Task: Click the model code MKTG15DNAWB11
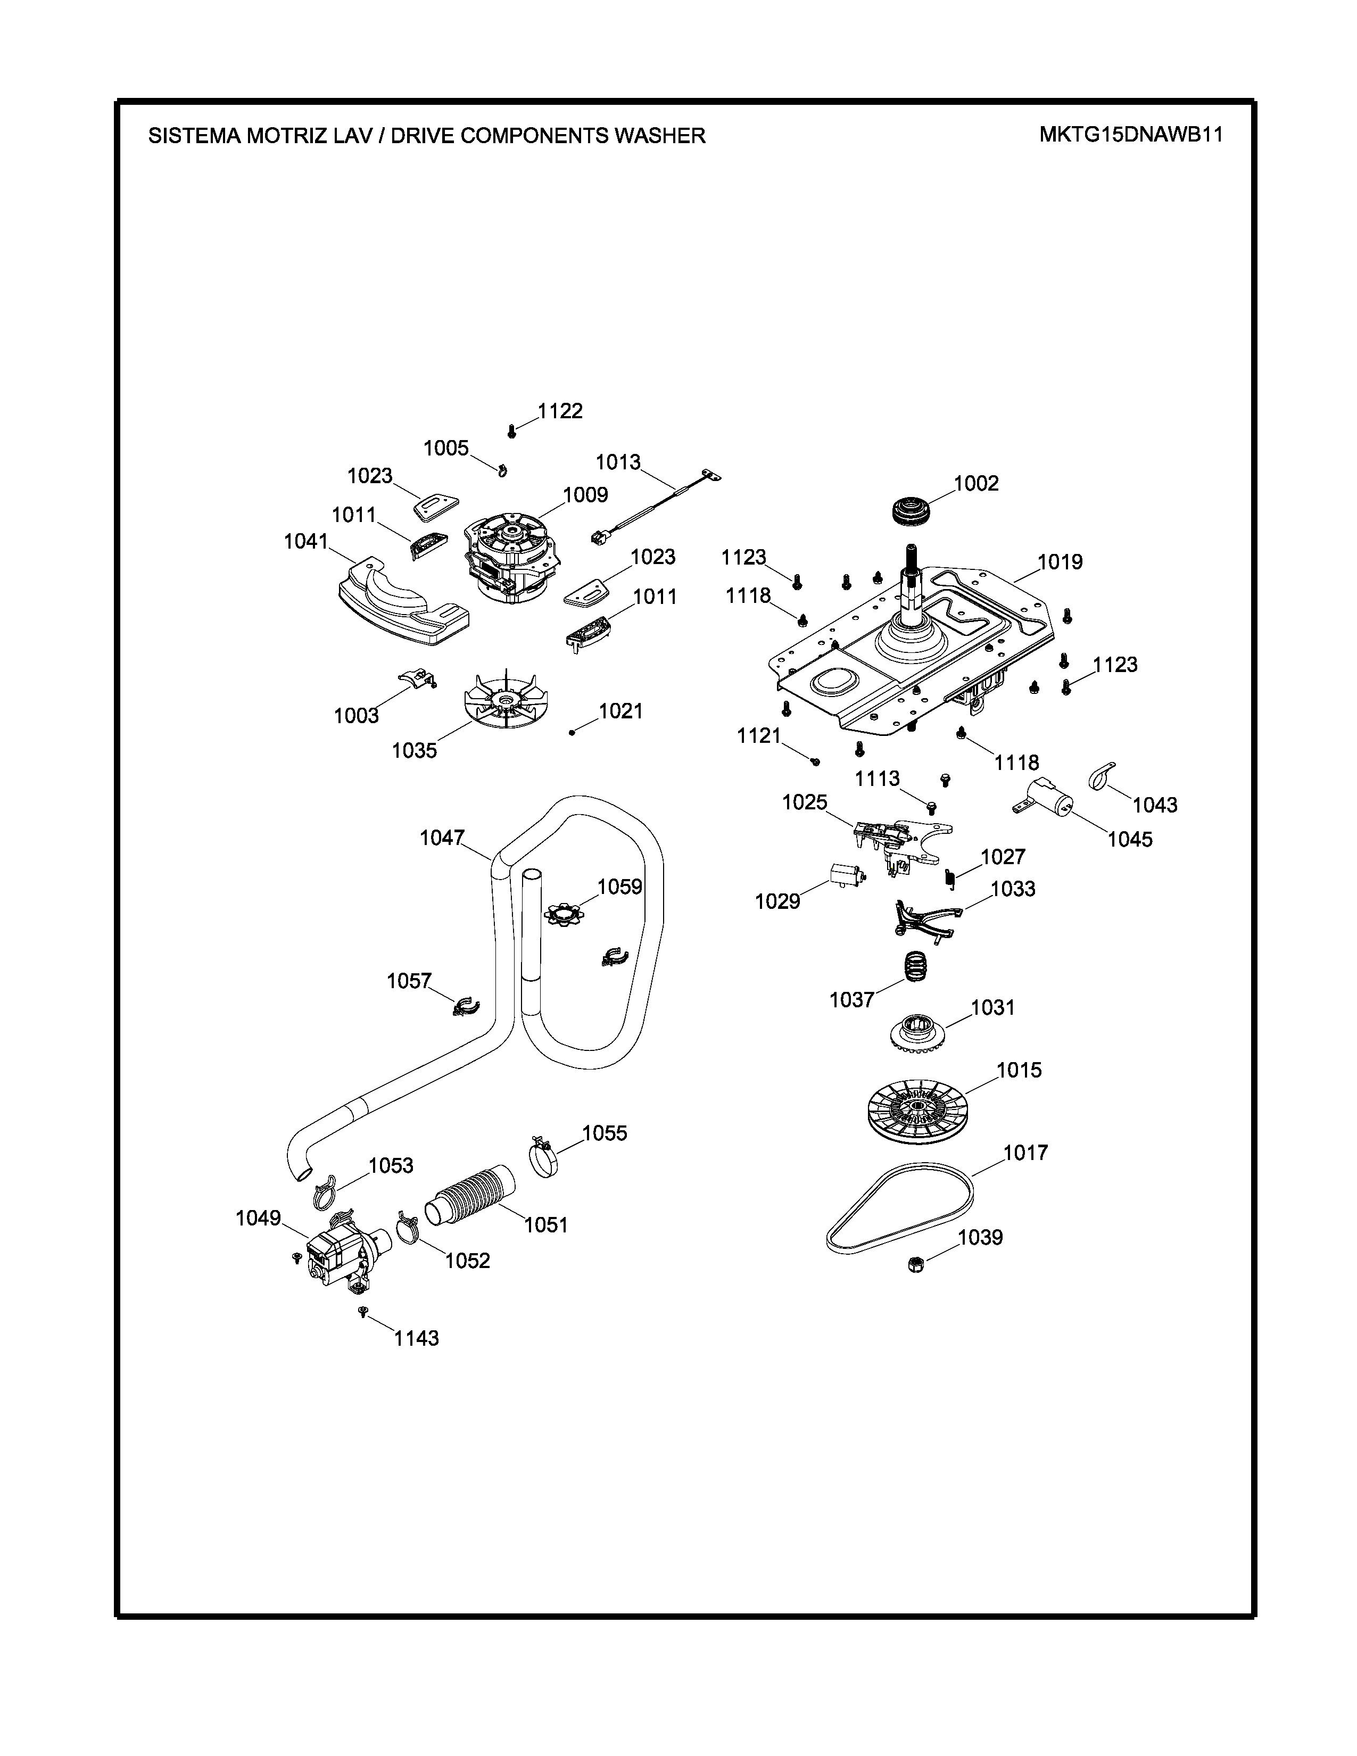click(x=1130, y=134)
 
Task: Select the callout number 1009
click(x=585, y=494)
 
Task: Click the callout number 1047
click(x=442, y=838)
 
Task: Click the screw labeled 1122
click(x=511, y=432)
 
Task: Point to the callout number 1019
click(x=1061, y=562)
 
